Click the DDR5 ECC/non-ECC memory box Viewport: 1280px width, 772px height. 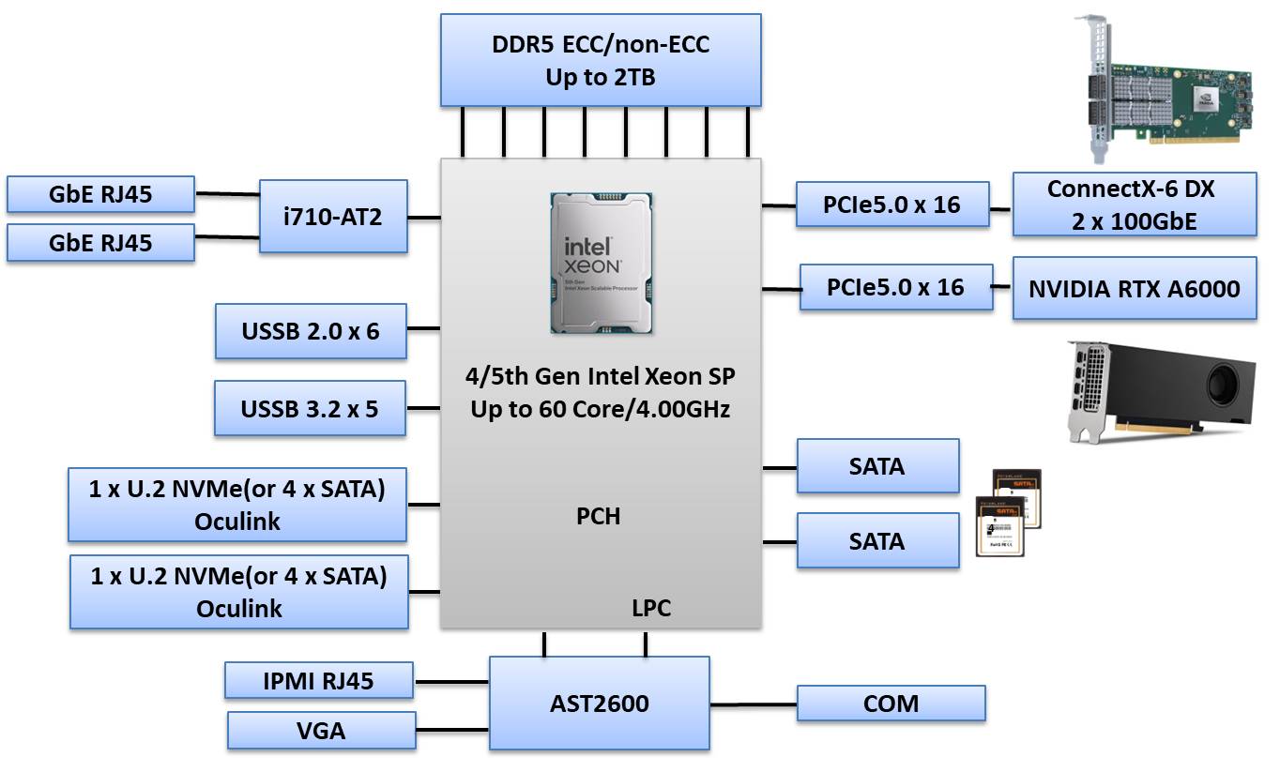(601, 60)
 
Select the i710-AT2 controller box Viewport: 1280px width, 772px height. (333, 217)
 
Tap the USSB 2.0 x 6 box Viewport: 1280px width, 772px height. (311, 330)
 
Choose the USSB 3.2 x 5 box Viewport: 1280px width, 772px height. (310, 408)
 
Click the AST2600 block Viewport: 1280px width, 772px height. (600, 703)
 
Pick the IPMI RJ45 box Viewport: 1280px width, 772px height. (319, 680)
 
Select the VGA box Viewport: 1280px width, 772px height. (321, 730)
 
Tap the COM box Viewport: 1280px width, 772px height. (891, 703)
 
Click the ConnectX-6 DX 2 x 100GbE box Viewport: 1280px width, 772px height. (1134, 204)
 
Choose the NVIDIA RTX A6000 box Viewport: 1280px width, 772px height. (1134, 288)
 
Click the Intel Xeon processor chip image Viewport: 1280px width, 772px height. (602, 263)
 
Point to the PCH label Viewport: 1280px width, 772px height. (598, 516)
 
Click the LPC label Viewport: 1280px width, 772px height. (651, 608)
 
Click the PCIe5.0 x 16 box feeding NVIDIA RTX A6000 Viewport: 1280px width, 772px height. (895, 287)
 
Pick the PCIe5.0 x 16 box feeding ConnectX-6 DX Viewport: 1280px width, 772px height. (892, 204)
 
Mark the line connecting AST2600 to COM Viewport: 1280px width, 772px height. (754, 704)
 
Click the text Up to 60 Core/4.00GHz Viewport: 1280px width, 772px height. (601, 410)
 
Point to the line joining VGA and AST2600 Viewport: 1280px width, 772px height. (452, 730)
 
